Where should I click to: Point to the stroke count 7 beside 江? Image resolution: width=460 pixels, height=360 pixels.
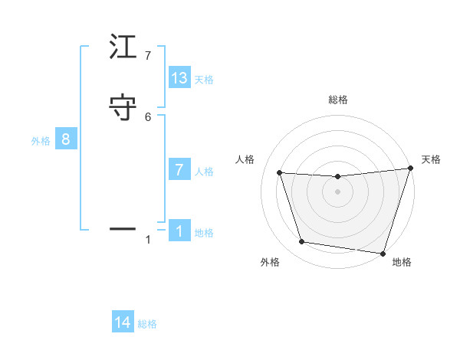[x=148, y=56]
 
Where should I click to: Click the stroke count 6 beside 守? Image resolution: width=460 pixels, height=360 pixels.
[x=148, y=116]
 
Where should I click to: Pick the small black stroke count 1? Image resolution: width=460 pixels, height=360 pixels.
[x=148, y=240]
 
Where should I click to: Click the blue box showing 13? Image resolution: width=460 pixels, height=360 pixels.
[x=179, y=78]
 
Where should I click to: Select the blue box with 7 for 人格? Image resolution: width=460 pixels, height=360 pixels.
[x=179, y=170]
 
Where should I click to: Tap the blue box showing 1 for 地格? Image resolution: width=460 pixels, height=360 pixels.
[x=179, y=231]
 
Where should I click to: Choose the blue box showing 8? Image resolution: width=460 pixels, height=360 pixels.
[x=66, y=139]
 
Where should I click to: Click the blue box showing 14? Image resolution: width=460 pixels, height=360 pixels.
[x=123, y=322]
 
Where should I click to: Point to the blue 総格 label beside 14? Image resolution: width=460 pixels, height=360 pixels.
[x=147, y=324]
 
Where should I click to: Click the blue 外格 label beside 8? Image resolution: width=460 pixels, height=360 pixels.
[x=41, y=141]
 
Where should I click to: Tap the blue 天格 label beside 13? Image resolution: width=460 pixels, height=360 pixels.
[x=204, y=80]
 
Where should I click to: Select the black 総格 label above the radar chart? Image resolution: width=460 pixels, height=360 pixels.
[x=337, y=100]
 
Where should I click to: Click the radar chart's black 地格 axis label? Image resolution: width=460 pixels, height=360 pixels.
[x=402, y=262]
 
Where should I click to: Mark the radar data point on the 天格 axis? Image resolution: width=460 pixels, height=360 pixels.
[x=410, y=169]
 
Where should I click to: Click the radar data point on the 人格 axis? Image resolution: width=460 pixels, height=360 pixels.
[x=280, y=173]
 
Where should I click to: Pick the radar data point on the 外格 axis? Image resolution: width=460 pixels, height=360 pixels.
[x=302, y=242]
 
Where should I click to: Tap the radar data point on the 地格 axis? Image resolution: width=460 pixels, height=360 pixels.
[x=383, y=253]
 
